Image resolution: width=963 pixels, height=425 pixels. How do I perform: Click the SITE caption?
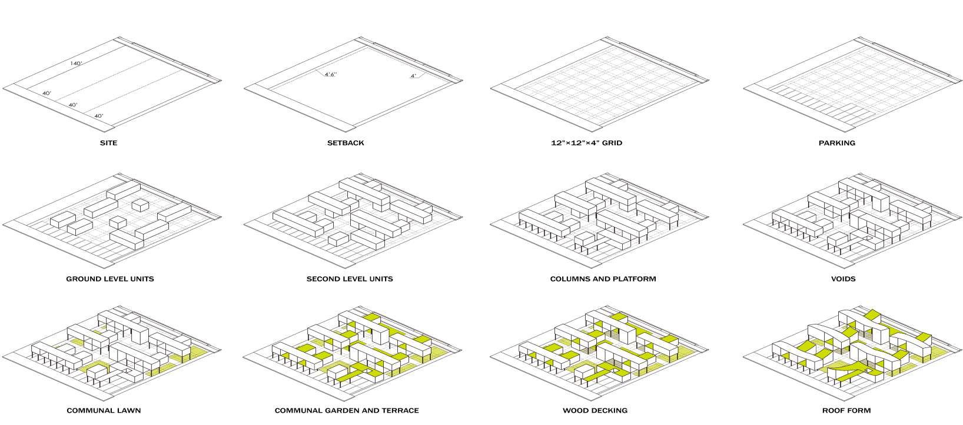click(x=109, y=143)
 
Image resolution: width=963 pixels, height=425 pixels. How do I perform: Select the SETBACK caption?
click(x=346, y=143)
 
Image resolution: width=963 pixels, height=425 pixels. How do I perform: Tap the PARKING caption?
click(x=837, y=143)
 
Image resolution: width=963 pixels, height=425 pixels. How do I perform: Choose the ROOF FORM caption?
click(x=846, y=410)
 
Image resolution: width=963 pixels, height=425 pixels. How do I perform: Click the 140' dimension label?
click(x=76, y=63)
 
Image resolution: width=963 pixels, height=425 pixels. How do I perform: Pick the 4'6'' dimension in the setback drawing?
click(x=331, y=74)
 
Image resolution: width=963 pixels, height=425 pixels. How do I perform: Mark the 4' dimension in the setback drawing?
click(x=413, y=76)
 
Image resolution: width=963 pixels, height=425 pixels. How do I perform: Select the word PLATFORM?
click(x=634, y=279)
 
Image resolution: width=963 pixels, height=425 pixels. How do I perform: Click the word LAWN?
click(x=128, y=410)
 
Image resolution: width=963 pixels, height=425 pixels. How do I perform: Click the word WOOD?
click(x=575, y=410)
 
